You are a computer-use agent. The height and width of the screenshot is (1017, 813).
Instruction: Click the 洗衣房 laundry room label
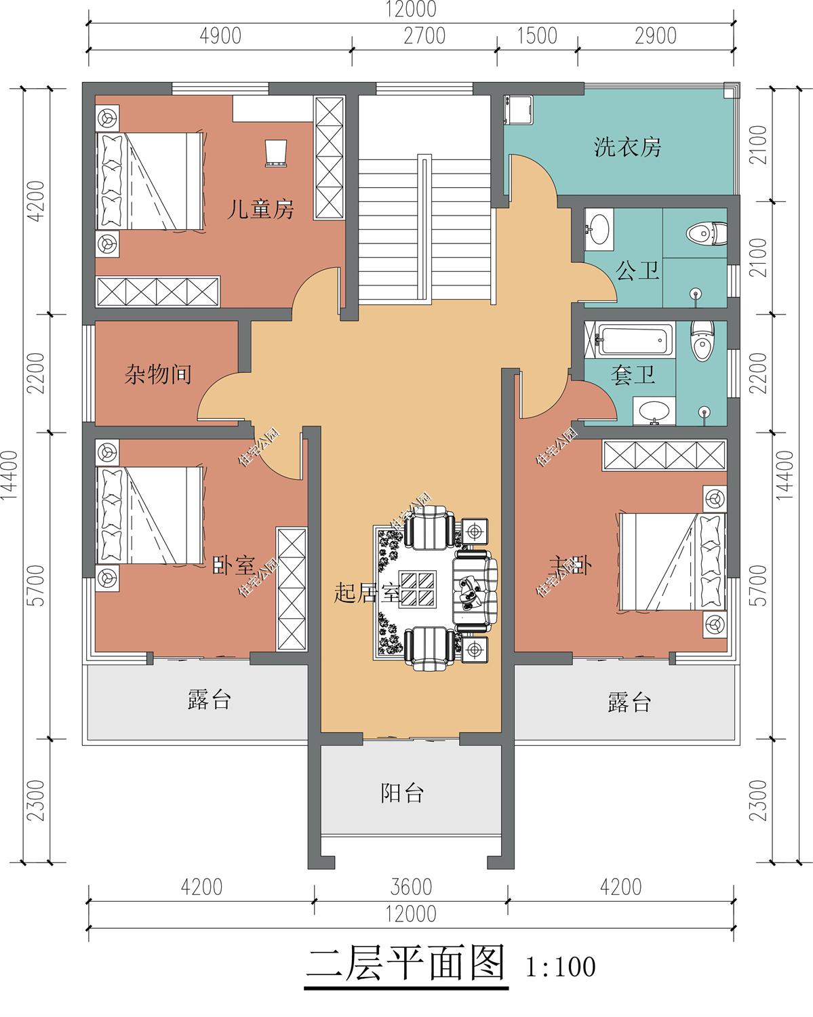click(x=627, y=146)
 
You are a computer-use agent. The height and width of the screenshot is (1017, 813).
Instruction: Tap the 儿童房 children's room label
click(x=260, y=210)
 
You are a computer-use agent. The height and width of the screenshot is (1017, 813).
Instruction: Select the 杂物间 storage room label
click(x=158, y=374)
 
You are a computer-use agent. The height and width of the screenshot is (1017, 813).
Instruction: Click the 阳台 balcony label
click(x=402, y=792)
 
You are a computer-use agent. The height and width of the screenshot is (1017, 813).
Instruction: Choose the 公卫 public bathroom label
click(x=637, y=271)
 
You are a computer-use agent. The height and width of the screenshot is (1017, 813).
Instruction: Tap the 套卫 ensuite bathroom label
click(x=633, y=375)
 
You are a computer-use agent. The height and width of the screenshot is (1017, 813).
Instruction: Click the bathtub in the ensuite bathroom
click(x=635, y=340)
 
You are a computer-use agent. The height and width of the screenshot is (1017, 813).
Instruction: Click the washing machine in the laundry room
click(x=519, y=108)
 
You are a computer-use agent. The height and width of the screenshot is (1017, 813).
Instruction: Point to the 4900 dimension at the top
click(x=220, y=36)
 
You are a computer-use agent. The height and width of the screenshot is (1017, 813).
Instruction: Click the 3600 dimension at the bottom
click(x=411, y=887)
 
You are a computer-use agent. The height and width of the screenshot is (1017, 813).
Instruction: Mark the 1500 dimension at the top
click(x=537, y=36)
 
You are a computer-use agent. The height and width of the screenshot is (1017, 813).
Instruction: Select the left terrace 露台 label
click(x=210, y=700)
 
